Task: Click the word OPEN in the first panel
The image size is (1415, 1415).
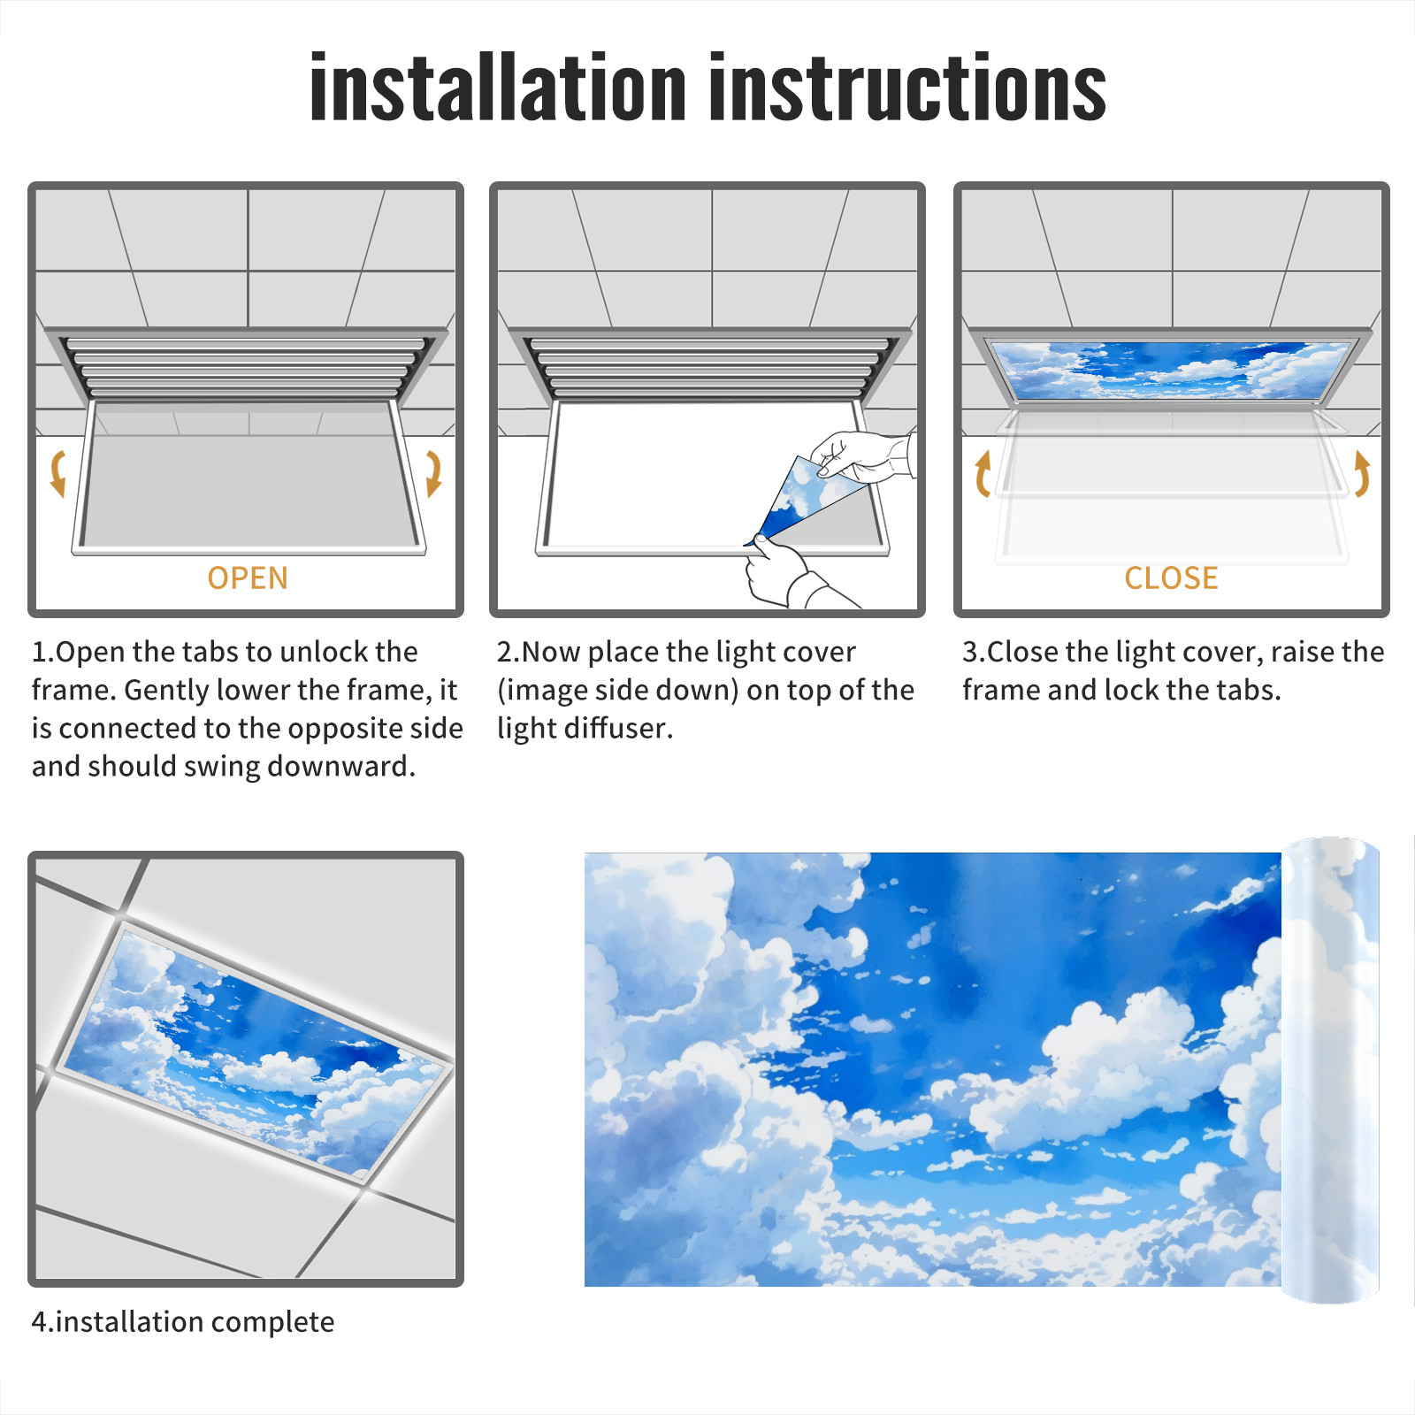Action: pos(248,578)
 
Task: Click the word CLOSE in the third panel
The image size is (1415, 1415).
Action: pos(1171,578)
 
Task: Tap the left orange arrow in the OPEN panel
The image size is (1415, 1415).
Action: pos(57,473)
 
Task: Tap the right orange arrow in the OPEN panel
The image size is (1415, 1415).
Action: pos(433,473)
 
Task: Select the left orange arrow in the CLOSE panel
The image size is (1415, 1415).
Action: pos(981,474)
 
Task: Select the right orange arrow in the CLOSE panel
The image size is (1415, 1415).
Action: pos(1363,473)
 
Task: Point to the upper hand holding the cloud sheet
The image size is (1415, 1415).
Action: pos(862,455)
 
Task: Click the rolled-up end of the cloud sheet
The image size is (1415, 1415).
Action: pos(1331,1070)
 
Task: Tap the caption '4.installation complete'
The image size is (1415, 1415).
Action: pos(183,1322)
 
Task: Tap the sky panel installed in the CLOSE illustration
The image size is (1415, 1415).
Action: pos(1171,370)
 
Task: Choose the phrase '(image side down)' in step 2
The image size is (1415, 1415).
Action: pos(617,691)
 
